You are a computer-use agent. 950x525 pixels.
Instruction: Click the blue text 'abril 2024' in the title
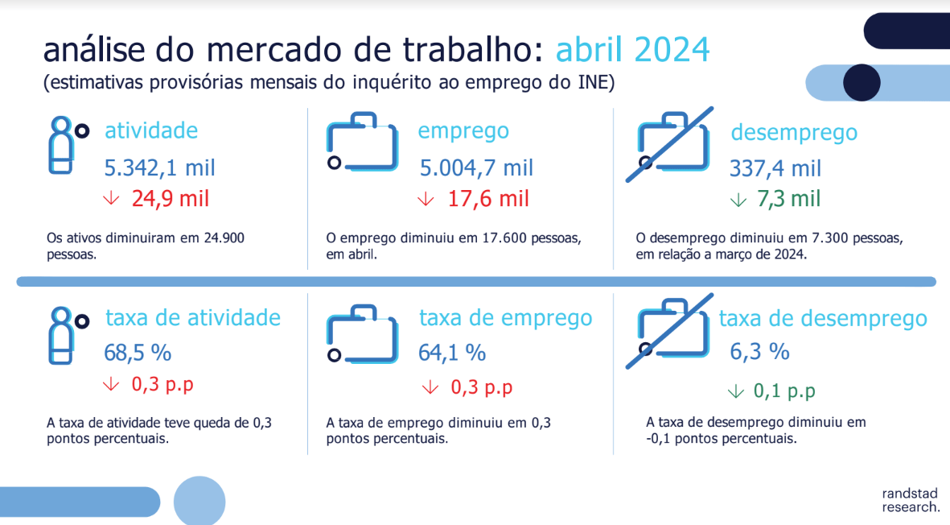632,50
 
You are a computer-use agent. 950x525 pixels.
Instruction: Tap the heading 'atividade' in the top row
151,130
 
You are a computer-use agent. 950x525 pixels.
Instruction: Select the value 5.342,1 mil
159,168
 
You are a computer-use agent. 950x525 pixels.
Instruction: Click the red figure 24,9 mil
171,199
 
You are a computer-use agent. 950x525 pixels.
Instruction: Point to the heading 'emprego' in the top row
463,131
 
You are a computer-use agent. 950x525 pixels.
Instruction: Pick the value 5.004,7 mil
476,168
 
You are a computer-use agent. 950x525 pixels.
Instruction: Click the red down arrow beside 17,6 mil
426,199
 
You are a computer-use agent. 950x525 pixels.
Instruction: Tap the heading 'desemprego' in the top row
794,133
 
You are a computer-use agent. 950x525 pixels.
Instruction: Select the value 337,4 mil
775,168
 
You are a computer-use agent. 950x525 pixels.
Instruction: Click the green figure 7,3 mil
788,199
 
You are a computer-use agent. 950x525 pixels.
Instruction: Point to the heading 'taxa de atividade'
193,318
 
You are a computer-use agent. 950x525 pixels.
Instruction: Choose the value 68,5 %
138,353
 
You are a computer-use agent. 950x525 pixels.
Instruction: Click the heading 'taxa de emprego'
506,318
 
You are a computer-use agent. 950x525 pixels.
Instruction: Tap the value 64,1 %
452,353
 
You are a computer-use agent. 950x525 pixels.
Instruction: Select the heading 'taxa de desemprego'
823,319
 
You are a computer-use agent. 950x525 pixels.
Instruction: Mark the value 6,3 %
759,352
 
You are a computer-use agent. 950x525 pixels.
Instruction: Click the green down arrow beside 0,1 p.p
735,391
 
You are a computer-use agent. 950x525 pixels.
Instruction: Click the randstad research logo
910,500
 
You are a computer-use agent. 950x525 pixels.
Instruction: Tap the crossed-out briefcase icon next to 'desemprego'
670,144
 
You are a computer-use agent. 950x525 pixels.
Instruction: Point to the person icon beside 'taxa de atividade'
67,335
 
